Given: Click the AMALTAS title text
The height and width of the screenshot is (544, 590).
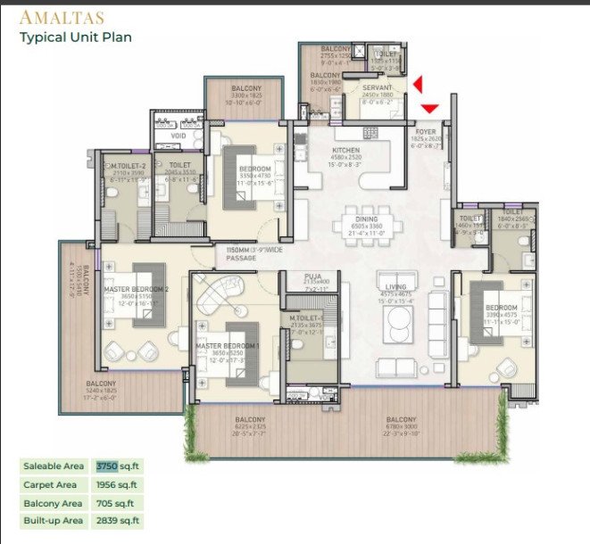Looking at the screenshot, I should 62,17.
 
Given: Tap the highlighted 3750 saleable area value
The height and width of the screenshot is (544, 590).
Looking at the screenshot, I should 107,466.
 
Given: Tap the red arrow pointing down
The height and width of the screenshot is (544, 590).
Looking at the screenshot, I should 429,109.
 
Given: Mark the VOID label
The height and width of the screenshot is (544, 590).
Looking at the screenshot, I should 179,136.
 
